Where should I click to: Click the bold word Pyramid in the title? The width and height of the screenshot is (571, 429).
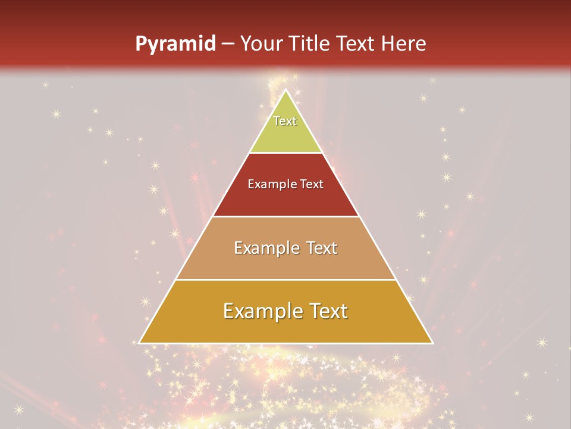(x=175, y=43)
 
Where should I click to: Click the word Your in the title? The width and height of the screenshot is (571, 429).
(x=261, y=43)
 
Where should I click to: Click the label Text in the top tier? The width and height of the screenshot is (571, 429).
(x=285, y=121)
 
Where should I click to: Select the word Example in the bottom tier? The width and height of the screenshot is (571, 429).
(x=262, y=311)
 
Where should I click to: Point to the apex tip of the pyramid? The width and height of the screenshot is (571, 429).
(x=286, y=90)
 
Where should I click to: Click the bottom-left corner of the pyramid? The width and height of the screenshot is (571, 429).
(x=140, y=343)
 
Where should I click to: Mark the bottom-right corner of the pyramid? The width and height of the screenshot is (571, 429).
(x=432, y=343)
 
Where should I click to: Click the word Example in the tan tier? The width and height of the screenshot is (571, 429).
(x=265, y=248)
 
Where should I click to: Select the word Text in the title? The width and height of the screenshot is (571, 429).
(x=356, y=43)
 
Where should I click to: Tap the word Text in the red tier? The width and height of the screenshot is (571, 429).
(x=312, y=184)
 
